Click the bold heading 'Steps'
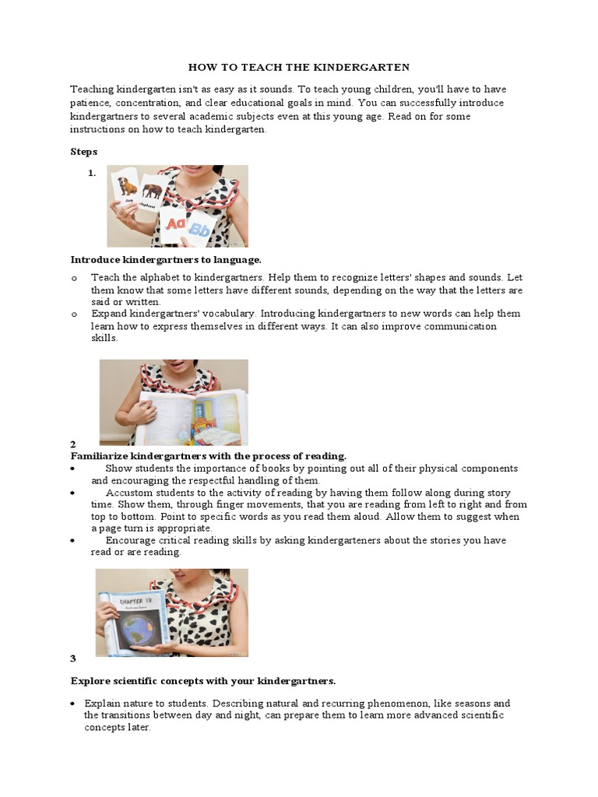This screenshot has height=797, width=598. point(84,151)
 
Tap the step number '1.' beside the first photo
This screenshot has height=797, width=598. point(92,174)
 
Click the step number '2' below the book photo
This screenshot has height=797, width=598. point(73,444)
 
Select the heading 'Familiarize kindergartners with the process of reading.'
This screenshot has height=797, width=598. point(209,455)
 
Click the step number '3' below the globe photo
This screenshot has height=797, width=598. point(73,658)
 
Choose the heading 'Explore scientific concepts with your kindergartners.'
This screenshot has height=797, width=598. point(203,680)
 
